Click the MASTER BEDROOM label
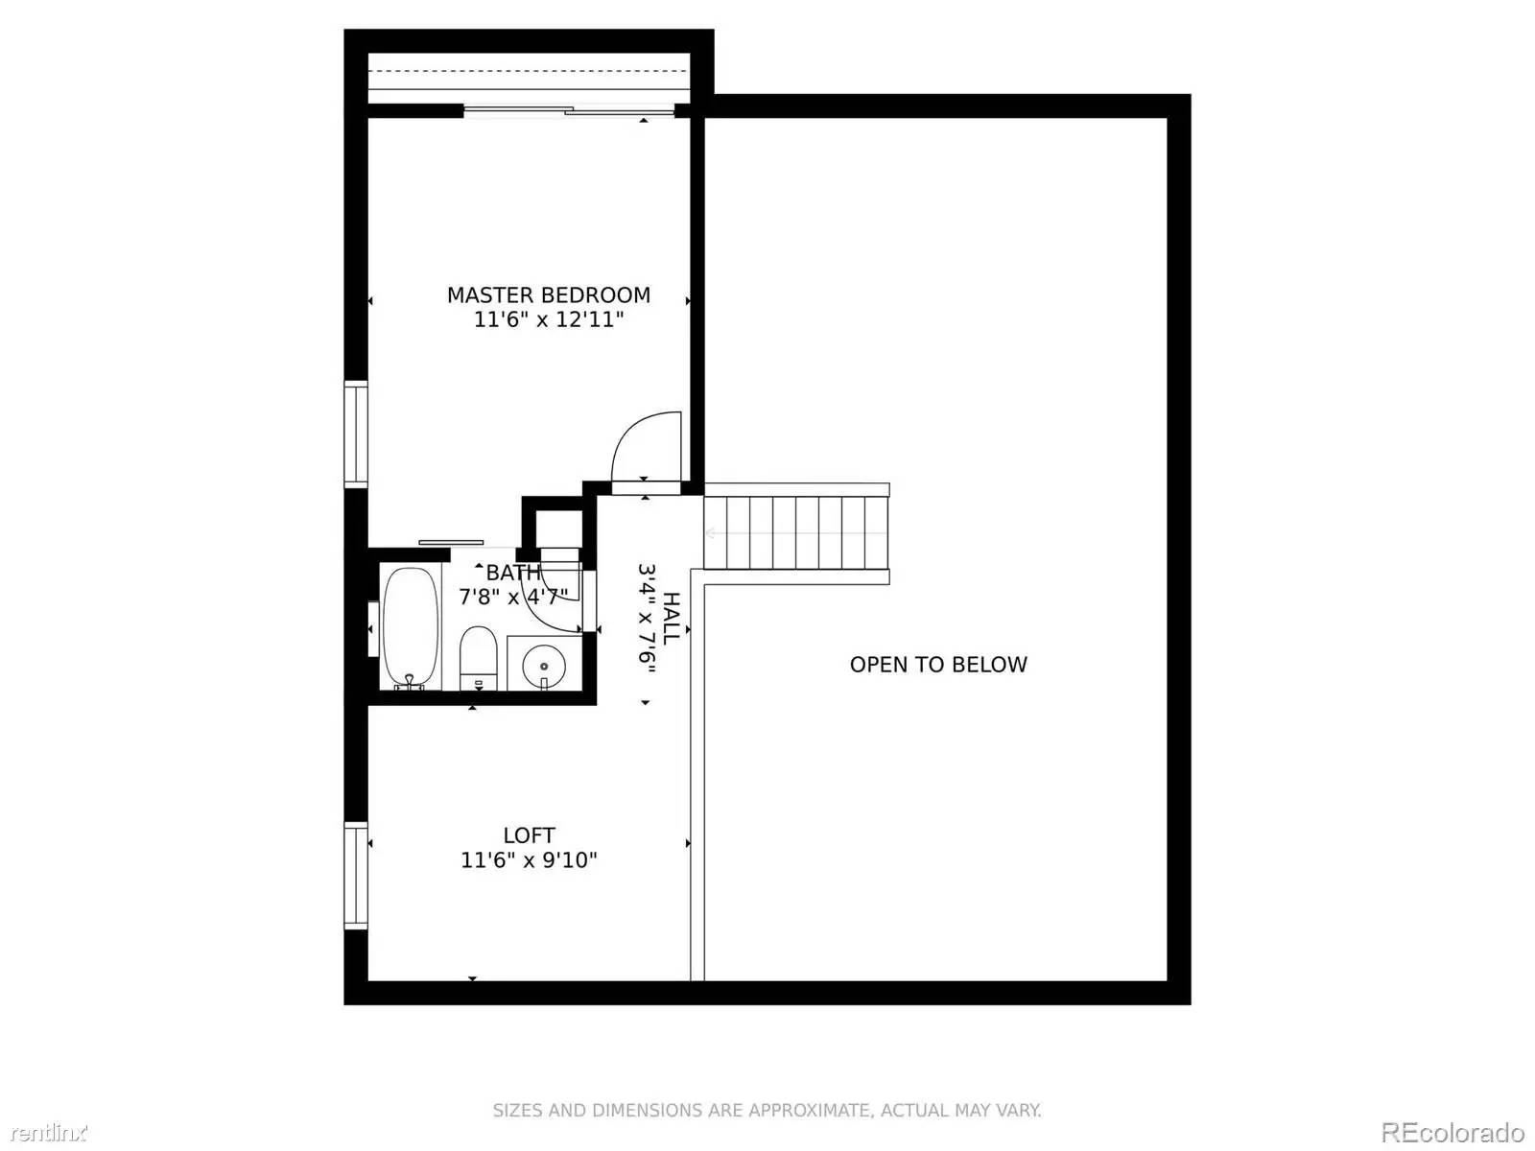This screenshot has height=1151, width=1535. tap(548, 295)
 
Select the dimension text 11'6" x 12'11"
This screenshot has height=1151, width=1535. tap(548, 320)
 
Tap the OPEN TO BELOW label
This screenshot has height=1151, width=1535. tap(937, 665)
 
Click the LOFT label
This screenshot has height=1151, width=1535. tap(529, 835)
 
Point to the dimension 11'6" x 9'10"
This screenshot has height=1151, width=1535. tap(529, 860)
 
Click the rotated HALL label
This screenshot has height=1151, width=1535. tap(672, 619)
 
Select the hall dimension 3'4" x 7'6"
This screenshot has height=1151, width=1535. tap(647, 619)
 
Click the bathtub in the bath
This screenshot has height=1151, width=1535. tap(411, 626)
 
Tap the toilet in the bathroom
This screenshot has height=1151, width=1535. tap(477, 657)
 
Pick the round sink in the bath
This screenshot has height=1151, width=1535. tap(544, 664)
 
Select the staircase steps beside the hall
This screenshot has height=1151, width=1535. tap(796, 533)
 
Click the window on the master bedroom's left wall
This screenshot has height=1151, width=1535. tap(356, 434)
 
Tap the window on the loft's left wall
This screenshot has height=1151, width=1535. tap(356, 876)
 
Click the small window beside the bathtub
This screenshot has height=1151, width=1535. tap(373, 629)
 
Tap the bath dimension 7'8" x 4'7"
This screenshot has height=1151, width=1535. tap(512, 598)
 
